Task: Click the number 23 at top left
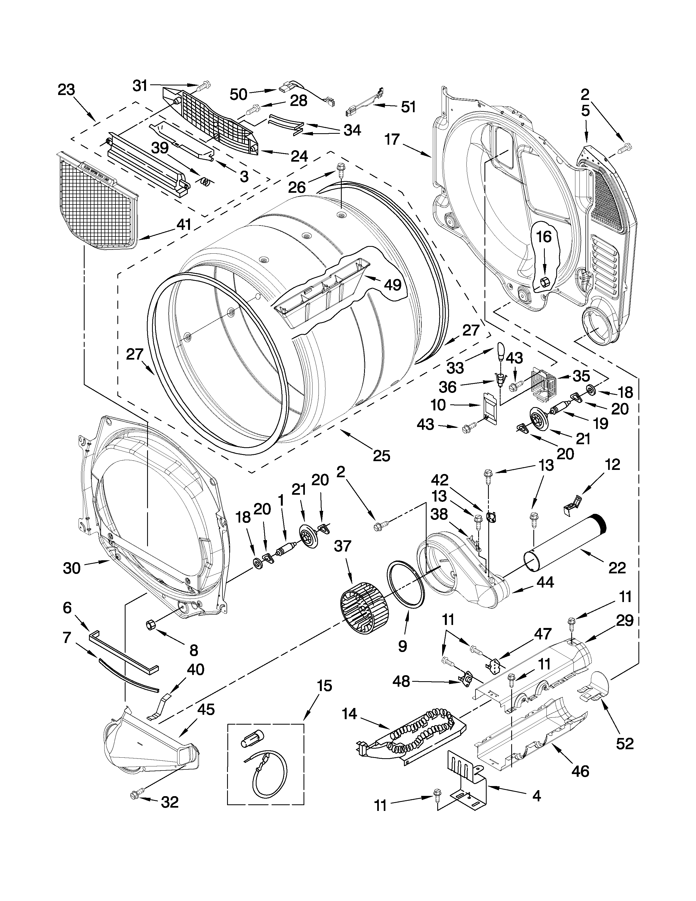click(66, 90)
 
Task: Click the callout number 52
click(624, 743)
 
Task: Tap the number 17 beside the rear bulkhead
click(392, 140)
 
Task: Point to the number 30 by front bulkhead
click(72, 568)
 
